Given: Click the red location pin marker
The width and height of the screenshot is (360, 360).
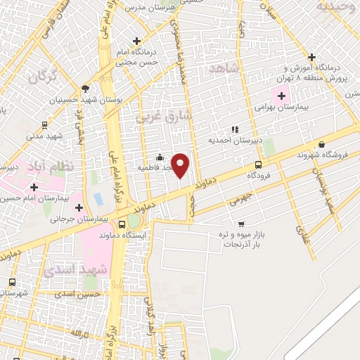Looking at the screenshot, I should click(181, 165).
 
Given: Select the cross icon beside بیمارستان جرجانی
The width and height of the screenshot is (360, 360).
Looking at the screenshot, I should click(79, 207).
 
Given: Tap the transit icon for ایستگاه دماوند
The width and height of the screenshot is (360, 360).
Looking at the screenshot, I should click(122, 225).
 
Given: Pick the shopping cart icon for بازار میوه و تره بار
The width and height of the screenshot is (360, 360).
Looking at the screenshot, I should click(241, 224).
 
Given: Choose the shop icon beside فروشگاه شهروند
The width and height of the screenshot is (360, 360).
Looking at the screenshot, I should click(320, 144).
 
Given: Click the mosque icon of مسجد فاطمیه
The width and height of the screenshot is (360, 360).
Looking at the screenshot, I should click(160, 157).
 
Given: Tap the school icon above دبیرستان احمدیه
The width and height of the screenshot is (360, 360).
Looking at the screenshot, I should click(235, 129).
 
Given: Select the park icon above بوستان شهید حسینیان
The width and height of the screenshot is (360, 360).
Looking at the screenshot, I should click(86, 89).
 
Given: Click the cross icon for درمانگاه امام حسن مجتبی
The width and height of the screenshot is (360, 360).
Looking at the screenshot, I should click(138, 41).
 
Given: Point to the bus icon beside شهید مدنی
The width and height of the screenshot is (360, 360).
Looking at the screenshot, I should click(44, 125).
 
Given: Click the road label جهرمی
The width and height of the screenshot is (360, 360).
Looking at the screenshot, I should click(239, 200).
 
